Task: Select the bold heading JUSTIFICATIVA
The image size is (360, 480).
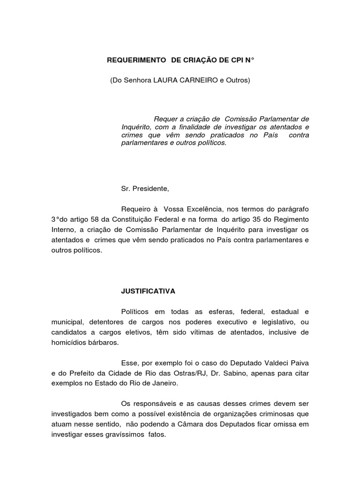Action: point(148,291)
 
